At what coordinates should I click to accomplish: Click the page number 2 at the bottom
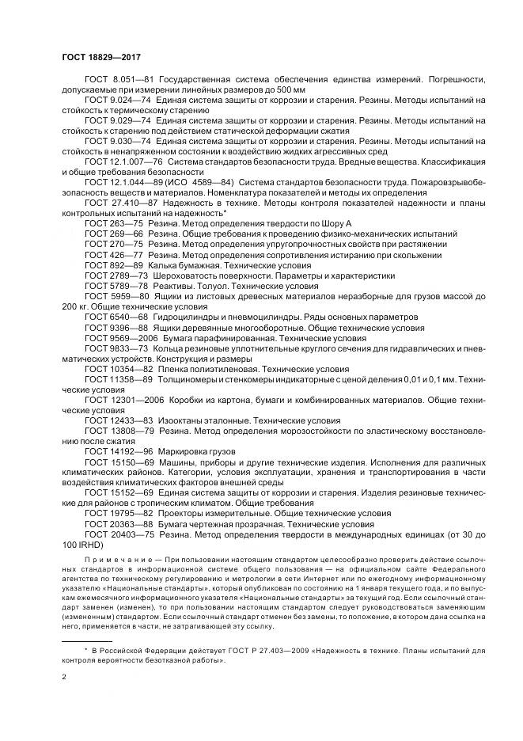tap(63, 678)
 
